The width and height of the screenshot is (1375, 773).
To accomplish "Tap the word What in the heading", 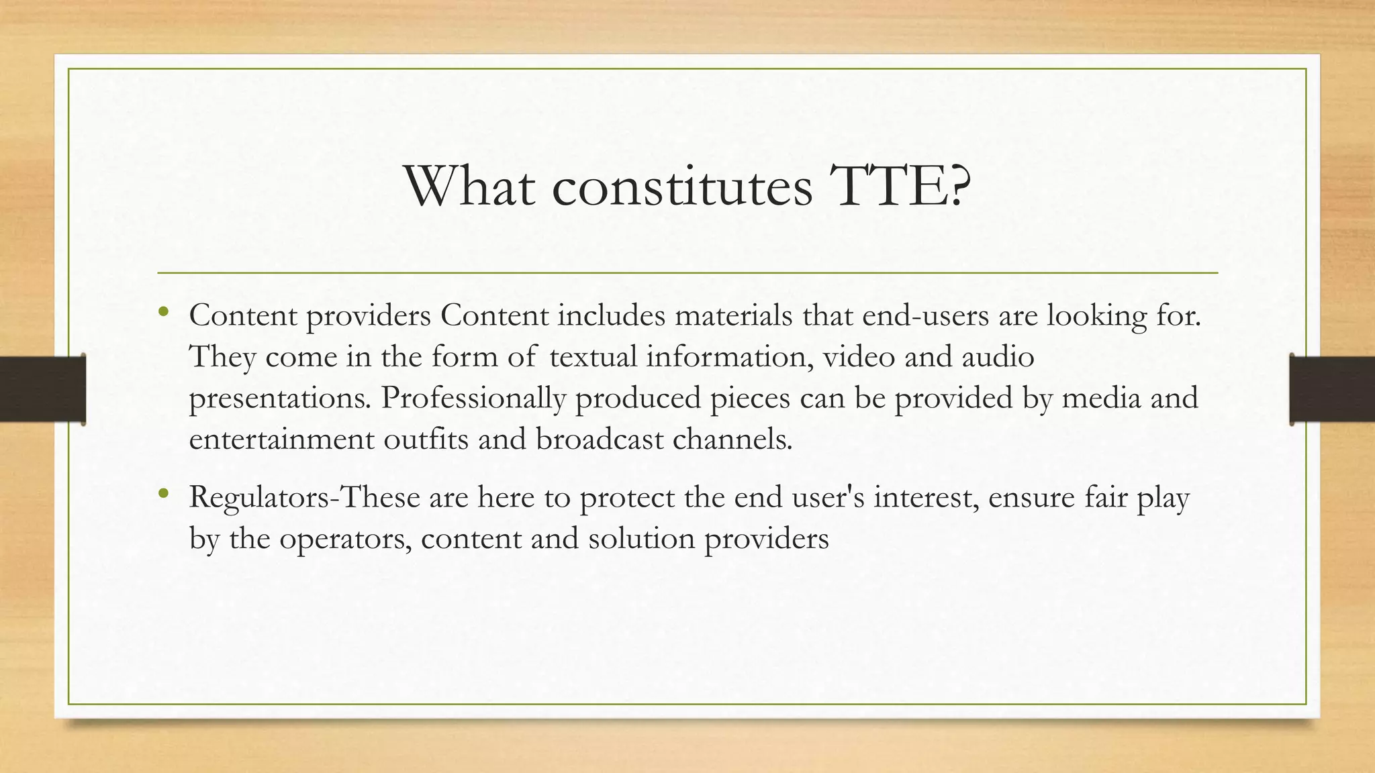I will tap(469, 187).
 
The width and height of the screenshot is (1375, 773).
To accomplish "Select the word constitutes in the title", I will tap(682, 187).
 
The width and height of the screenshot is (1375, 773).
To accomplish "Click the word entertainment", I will tap(281, 440).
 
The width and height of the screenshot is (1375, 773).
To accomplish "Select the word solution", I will tap(641, 539).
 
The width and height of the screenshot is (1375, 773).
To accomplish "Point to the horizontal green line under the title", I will tap(687, 273).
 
